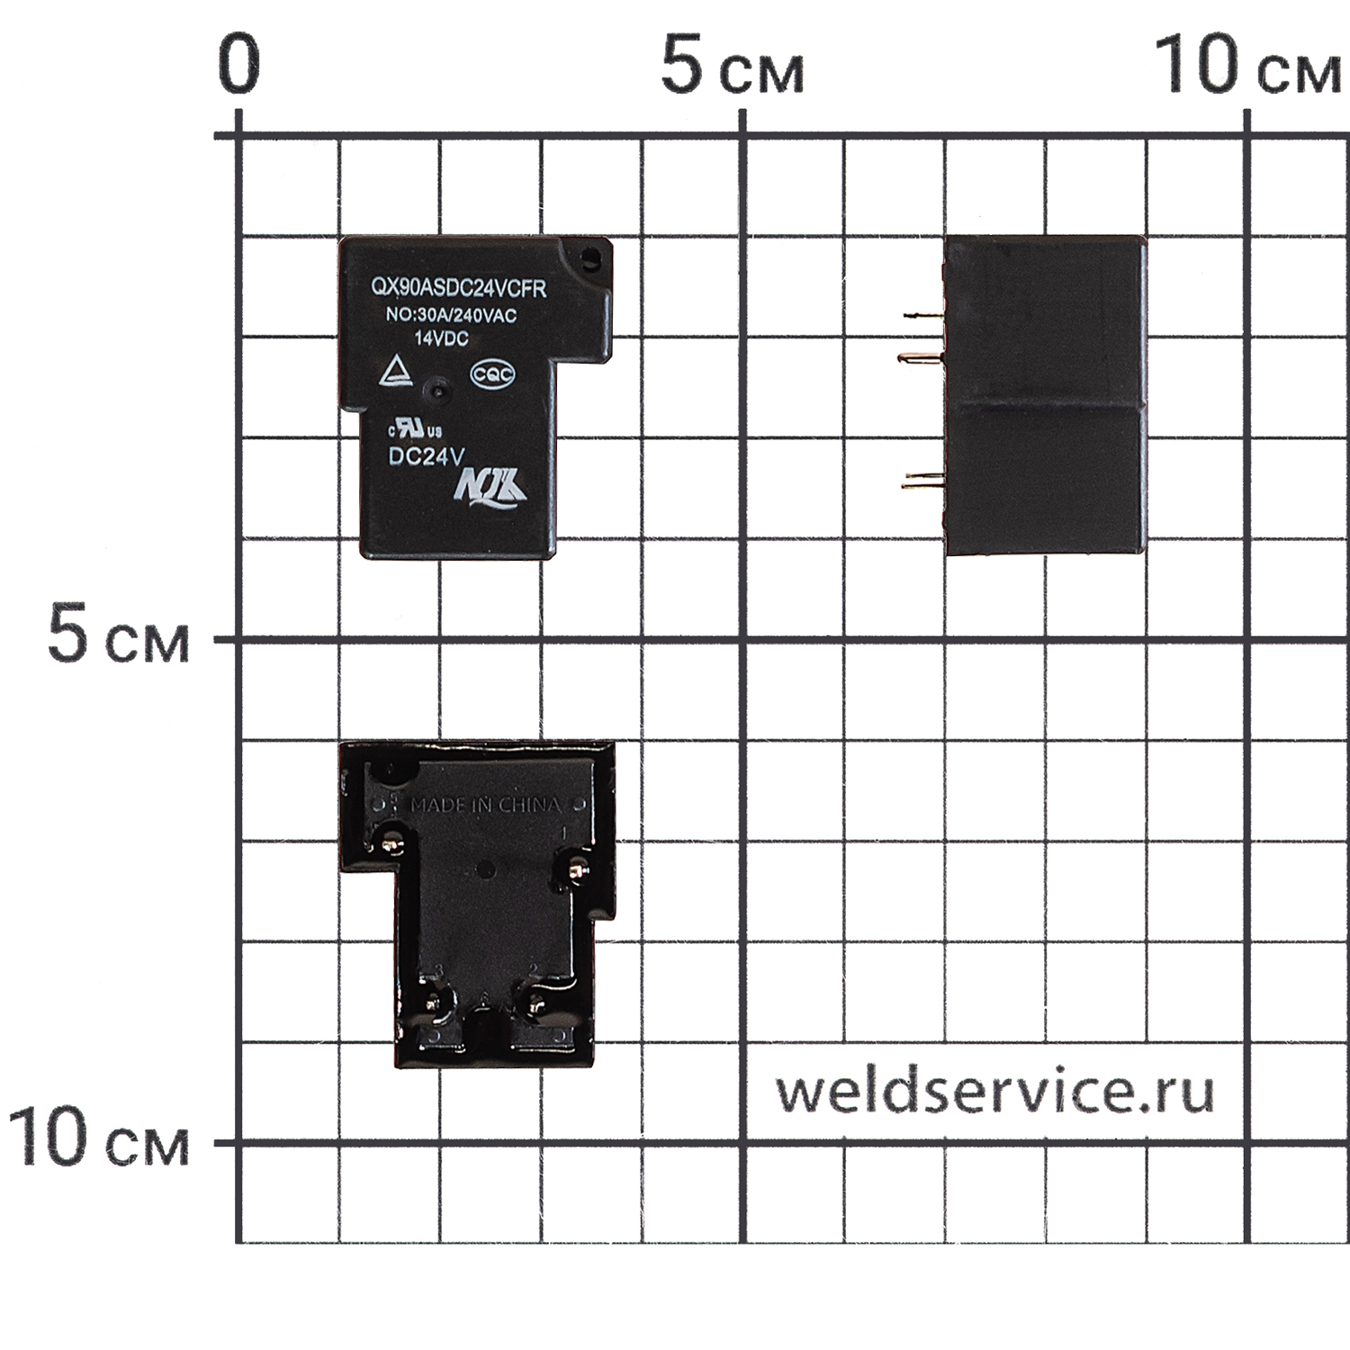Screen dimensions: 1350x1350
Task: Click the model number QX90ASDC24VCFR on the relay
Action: pyautogui.click(x=459, y=288)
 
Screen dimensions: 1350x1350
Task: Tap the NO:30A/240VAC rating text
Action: pyautogui.click(x=451, y=316)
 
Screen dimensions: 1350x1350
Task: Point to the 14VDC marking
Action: pyautogui.click(x=441, y=338)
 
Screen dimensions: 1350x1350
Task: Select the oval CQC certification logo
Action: pyautogui.click(x=493, y=374)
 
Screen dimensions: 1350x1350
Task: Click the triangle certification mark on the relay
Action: pyautogui.click(x=395, y=372)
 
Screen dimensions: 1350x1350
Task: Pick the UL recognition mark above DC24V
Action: pyautogui.click(x=415, y=428)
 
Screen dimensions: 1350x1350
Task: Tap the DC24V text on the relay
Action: pyautogui.click(x=426, y=457)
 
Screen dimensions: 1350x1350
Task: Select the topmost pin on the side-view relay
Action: pyautogui.click(x=923, y=316)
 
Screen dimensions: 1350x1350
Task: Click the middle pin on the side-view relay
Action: pyautogui.click(x=920, y=358)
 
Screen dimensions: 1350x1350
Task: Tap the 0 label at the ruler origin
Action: pyautogui.click(x=239, y=67)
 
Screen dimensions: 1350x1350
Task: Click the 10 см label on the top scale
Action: pyautogui.click(x=1246, y=67)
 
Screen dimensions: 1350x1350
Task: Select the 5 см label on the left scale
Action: pyautogui.click(x=118, y=637)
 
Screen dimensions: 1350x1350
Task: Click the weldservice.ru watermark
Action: pyautogui.click(x=994, y=1091)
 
